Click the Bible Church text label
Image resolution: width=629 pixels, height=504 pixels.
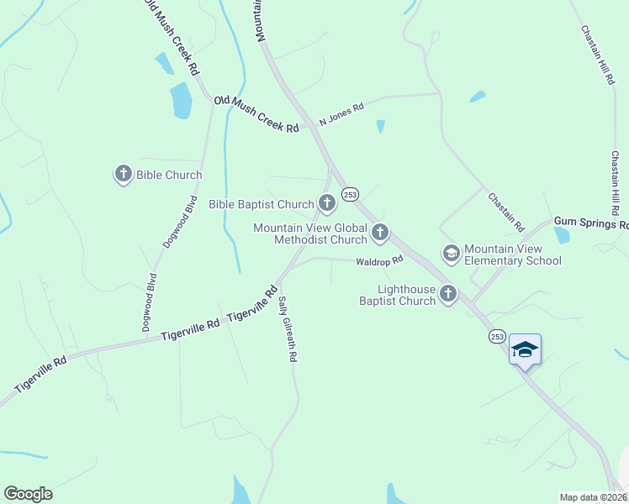[171, 176]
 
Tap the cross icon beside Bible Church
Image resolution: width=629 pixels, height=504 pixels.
[124, 175]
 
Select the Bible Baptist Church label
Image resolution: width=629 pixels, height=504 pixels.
[261, 204]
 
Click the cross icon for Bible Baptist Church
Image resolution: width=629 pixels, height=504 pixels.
[326, 202]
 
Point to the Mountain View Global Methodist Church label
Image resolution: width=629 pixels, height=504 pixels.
[310, 234]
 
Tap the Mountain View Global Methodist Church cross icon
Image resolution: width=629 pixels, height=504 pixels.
[380, 232]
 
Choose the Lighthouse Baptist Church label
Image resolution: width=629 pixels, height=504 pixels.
[397, 295]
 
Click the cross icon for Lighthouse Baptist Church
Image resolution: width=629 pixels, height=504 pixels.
[448, 293]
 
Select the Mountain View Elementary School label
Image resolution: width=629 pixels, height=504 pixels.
[513, 255]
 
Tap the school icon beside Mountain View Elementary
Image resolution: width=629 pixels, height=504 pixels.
[451, 252]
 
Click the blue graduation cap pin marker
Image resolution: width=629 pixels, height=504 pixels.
[525, 349]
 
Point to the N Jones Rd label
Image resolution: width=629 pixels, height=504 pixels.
[341, 115]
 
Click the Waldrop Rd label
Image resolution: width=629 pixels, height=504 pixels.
[380, 260]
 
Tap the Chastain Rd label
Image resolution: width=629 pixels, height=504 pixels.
[506, 212]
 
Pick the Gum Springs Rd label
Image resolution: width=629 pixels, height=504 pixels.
[590, 224]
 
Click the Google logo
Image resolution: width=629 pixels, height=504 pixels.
[28, 494]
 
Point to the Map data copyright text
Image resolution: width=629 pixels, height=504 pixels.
[594, 497]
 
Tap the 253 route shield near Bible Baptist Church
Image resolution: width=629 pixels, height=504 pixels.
[351, 194]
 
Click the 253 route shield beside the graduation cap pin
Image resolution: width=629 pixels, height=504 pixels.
[498, 336]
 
